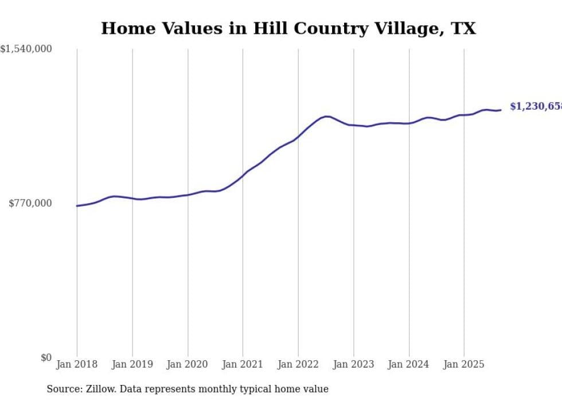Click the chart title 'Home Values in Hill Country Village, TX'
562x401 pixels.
(x=288, y=28)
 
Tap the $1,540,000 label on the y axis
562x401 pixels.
(x=26, y=49)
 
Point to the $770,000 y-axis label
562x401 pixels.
(x=30, y=203)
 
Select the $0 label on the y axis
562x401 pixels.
(x=46, y=357)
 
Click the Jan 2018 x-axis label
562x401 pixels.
(x=77, y=364)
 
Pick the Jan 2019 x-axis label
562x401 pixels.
(x=132, y=364)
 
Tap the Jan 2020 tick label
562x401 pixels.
(x=188, y=364)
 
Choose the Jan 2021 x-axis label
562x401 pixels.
(x=243, y=364)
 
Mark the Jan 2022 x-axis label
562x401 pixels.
(x=298, y=364)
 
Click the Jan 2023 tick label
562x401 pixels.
(x=353, y=364)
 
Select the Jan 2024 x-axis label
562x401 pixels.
(x=409, y=364)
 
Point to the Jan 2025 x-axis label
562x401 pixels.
(x=464, y=364)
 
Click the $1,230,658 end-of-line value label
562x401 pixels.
(x=536, y=107)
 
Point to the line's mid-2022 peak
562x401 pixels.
(x=326, y=116)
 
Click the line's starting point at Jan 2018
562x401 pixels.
(x=77, y=205)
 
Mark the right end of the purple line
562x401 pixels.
(x=501, y=110)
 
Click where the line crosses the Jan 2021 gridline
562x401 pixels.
(x=243, y=176)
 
